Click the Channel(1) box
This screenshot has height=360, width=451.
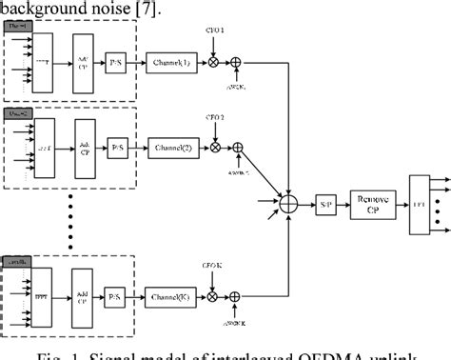coord(171,63)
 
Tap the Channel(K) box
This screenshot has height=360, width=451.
coord(171,298)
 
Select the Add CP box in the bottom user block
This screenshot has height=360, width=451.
coord(84,297)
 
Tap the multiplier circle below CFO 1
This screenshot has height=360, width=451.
coord(215,63)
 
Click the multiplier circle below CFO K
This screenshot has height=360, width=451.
coord(215,298)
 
